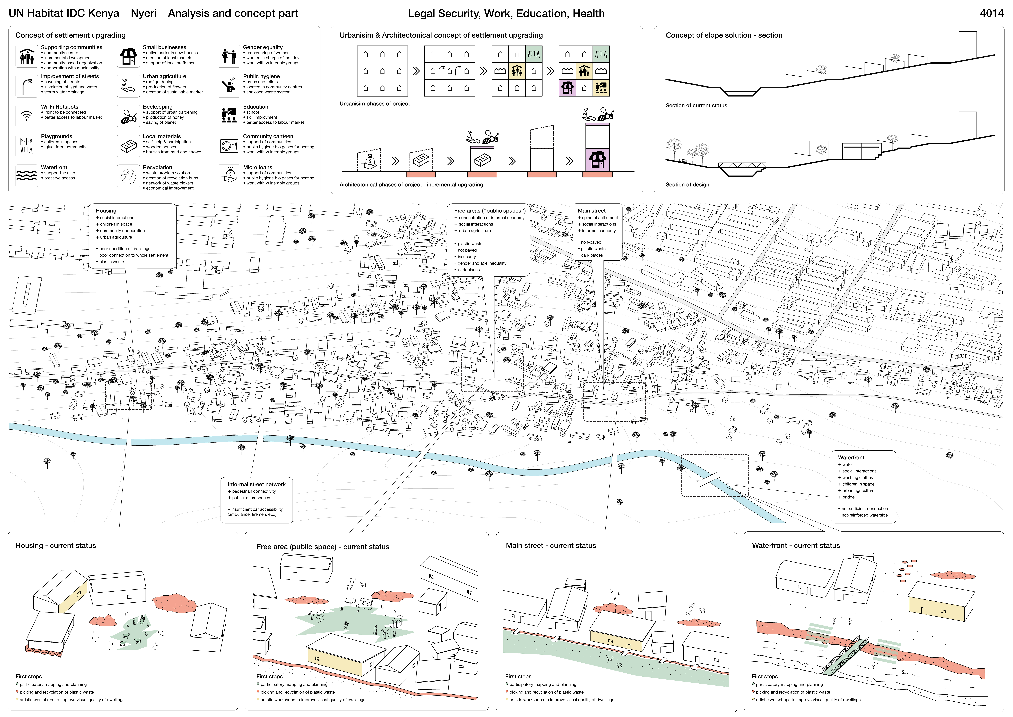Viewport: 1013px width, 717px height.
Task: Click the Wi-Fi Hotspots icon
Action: (x=26, y=116)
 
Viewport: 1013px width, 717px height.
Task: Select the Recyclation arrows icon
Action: (x=128, y=176)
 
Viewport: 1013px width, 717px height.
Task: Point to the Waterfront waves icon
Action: (x=26, y=176)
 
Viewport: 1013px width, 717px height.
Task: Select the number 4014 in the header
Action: (x=991, y=13)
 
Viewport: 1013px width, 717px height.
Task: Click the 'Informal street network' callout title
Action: (x=256, y=484)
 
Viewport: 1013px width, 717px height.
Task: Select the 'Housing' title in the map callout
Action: (x=106, y=211)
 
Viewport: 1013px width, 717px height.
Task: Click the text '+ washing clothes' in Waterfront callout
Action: (x=857, y=478)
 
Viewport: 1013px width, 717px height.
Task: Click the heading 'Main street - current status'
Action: (x=551, y=546)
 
